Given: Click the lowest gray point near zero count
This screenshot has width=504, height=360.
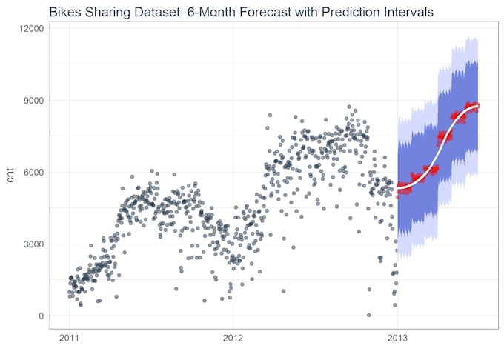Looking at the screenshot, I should [x=368, y=315].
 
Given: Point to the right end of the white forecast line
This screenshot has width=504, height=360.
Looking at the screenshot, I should [x=478, y=106].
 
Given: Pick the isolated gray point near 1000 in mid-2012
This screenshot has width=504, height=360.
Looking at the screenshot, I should [x=283, y=291].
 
